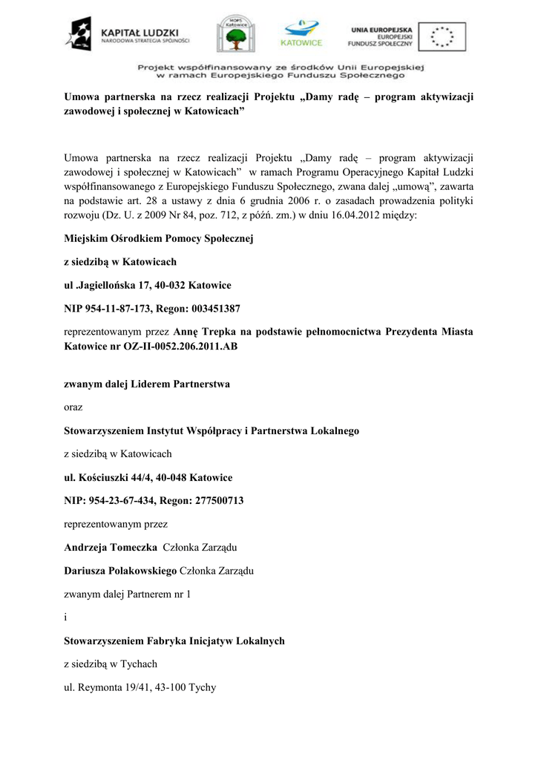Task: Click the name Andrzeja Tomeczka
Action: (x=111, y=547)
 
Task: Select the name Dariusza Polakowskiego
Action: (x=120, y=570)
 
